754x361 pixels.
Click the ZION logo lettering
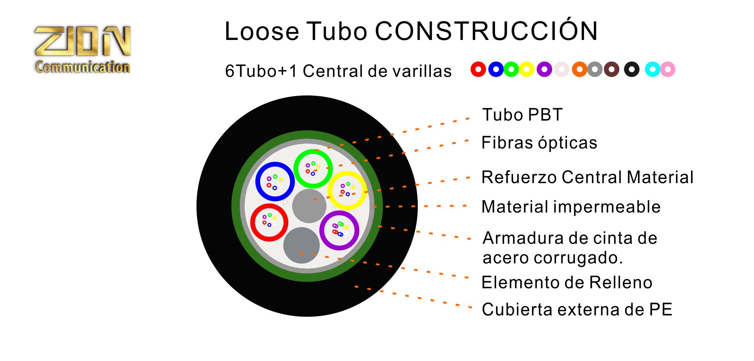click(83, 41)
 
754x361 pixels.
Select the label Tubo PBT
click(523, 115)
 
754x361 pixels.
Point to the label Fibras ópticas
click(539, 143)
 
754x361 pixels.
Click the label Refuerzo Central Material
click(587, 177)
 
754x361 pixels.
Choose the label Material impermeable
click(571, 207)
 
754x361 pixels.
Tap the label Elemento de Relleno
click(567, 282)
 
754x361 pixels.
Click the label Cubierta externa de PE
click(577, 309)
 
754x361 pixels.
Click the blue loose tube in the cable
click(275, 182)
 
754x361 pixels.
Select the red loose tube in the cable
click(269, 222)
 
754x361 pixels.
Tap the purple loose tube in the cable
click(339, 230)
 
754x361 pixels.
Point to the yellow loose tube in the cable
click(347, 190)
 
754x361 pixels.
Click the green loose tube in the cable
click(313, 168)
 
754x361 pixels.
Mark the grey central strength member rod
click(309, 206)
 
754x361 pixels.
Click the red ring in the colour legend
click(478, 69)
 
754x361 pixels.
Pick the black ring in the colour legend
click(631, 69)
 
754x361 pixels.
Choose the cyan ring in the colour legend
click(652, 69)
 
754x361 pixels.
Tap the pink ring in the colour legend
click(668, 69)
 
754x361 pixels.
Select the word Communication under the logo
click(83, 67)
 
